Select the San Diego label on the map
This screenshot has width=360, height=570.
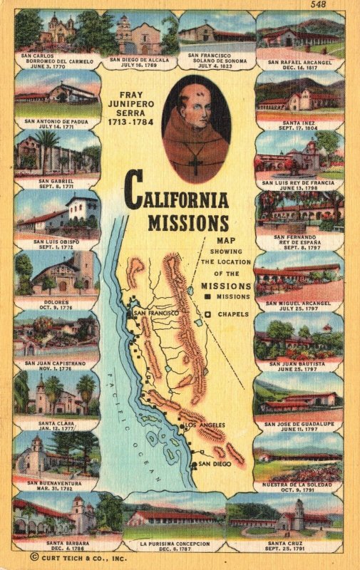(214, 464)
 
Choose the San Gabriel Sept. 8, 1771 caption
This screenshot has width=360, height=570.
(56, 183)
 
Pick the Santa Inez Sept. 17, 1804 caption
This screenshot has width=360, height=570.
(299, 124)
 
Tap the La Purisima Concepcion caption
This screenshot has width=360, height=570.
(175, 546)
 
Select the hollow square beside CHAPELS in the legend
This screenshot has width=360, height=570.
(207, 314)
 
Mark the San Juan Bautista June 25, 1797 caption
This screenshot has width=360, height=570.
(299, 366)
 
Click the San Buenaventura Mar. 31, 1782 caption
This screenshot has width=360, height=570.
(56, 484)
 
